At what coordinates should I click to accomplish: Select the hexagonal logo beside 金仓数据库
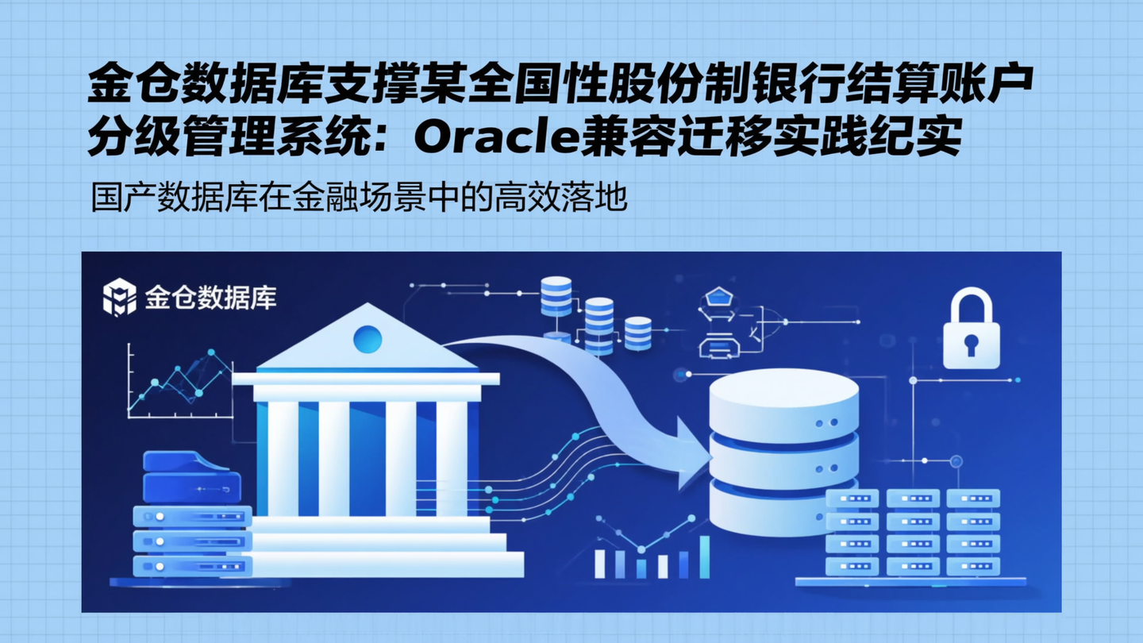tap(120, 298)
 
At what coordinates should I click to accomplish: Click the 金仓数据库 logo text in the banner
tap(210, 298)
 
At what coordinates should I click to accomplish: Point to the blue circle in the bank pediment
tap(367, 340)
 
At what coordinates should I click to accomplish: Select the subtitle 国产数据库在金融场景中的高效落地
tap(360, 198)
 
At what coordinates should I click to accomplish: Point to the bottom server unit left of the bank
tap(192, 566)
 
